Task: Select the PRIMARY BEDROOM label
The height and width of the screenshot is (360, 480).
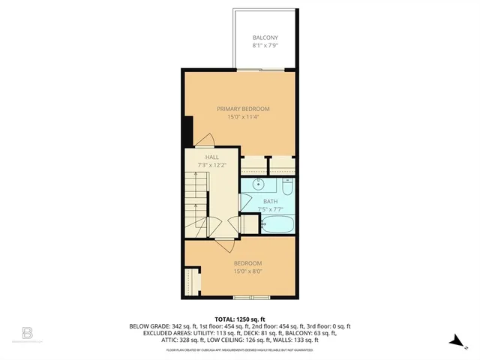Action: (x=244, y=109)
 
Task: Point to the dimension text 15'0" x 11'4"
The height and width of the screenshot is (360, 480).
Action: (x=244, y=116)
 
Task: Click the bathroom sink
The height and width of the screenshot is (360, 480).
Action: (x=259, y=184)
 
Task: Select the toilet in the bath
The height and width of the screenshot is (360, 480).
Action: (x=287, y=185)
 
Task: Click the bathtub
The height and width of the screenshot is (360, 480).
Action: (x=277, y=223)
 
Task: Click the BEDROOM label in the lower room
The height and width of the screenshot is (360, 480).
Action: (x=247, y=262)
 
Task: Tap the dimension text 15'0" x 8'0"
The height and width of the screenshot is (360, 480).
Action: (x=247, y=270)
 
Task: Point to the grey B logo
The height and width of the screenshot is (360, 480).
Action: (x=28, y=332)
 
